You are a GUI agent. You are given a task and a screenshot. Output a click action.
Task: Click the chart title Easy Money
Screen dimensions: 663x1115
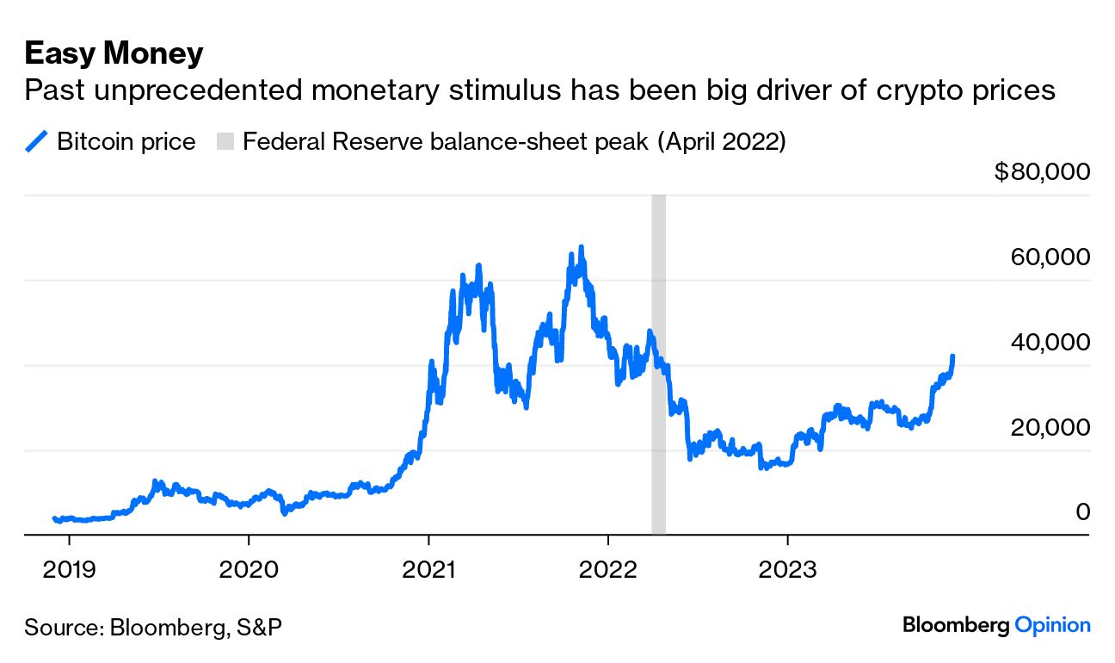pyautogui.click(x=114, y=53)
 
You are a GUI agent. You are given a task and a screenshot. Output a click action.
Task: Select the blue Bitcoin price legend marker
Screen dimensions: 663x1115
pyautogui.click(x=36, y=141)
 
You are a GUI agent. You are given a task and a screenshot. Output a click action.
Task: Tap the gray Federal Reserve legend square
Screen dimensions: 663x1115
pyautogui.click(x=224, y=141)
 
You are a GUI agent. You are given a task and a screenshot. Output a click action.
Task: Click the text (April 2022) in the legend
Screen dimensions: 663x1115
pyautogui.click(x=721, y=141)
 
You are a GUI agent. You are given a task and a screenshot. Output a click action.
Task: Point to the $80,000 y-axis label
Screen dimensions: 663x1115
pyautogui.click(x=1041, y=172)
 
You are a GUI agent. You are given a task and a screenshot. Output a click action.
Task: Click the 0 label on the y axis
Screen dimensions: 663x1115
pyautogui.click(x=1083, y=511)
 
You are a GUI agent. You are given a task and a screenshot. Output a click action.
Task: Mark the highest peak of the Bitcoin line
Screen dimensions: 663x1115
pyautogui.click(x=582, y=248)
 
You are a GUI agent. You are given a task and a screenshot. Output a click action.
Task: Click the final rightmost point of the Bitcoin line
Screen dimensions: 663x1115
pyautogui.click(x=952, y=356)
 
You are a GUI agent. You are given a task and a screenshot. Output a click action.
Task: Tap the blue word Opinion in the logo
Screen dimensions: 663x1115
pyautogui.click(x=1052, y=625)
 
